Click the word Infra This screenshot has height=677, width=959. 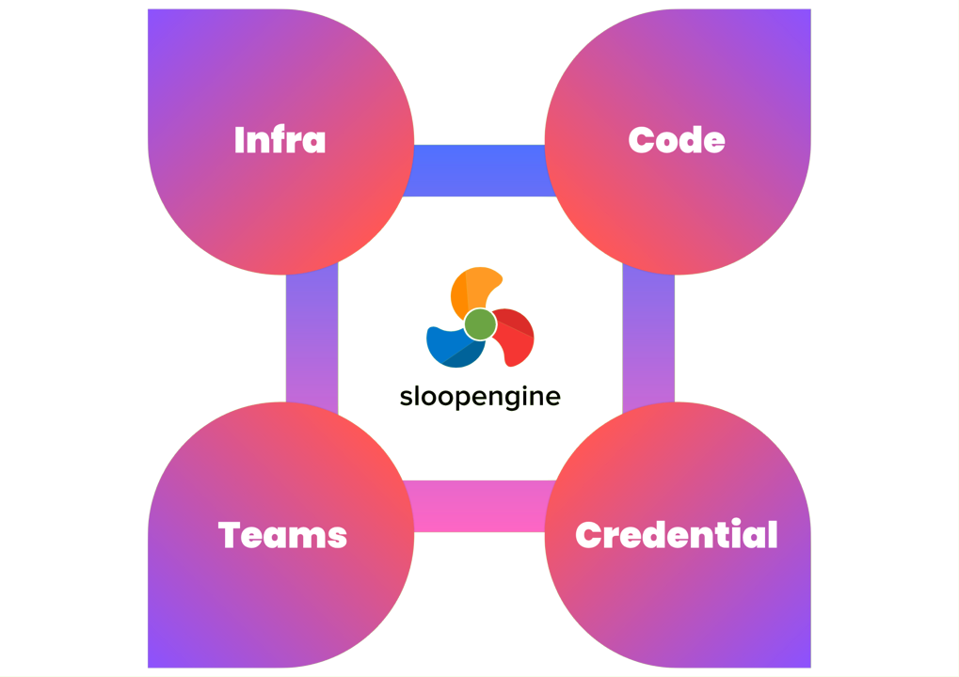click(280, 140)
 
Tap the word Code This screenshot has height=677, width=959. click(677, 140)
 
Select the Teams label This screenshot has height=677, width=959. click(282, 535)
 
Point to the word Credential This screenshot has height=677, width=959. click(677, 534)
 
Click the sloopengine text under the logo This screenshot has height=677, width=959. click(480, 397)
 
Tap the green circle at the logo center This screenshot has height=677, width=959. click(480, 324)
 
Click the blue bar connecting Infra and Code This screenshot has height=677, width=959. click(479, 170)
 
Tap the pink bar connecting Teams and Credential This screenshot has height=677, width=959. click(479, 506)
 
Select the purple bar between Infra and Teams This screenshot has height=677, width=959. click(312, 338)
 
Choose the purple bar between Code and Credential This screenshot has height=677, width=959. click(648, 338)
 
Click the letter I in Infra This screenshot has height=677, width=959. click(239, 140)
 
